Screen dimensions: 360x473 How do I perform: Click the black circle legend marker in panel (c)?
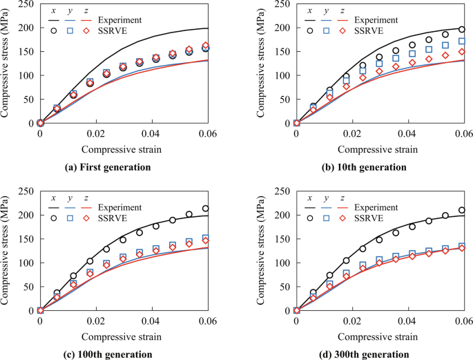(54, 218)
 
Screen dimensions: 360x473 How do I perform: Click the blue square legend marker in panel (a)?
(70, 31)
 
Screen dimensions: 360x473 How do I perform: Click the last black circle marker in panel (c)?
(205, 208)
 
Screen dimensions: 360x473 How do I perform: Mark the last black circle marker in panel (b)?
(461, 30)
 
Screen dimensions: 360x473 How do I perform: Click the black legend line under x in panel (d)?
(310, 207)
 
